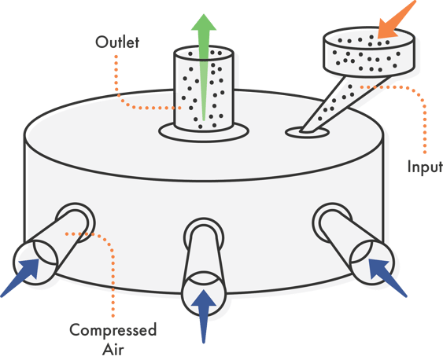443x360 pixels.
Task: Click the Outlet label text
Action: pyautogui.click(x=117, y=42)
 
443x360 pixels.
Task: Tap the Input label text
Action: pyautogui.click(x=425, y=167)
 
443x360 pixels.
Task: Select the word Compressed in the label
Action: pyautogui.click(x=113, y=330)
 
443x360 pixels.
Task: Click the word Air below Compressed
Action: pyautogui.click(x=113, y=349)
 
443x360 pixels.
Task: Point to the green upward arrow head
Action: pyautogui.click(x=204, y=22)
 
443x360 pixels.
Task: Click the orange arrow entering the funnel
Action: pyautogui.click(x=397, y=19)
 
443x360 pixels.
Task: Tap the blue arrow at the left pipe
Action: pyautogui.click(x=20, y=278)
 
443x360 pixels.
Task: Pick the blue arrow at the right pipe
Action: pyautogui.click(x=388, y=278)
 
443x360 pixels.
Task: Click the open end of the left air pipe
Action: pyautogui.click(x=35, y=262)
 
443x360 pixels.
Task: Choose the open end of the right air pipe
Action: pyautogui.click(x=372, y=262)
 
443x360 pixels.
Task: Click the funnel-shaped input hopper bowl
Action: pyautogui.click(x=369, y=52)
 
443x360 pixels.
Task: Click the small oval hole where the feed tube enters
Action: pyautogui.click(x=307, y=132)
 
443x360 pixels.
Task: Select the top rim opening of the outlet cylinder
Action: pyautogui.click(x=204, y=53)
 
